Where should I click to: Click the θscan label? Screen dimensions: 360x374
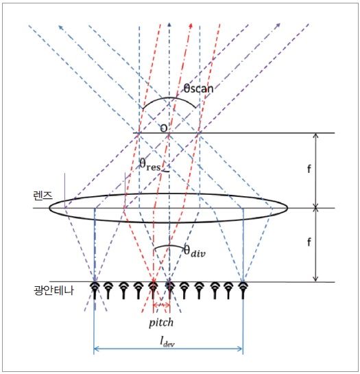(x=198, y=89)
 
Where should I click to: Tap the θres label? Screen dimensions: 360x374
(x=150, y=165)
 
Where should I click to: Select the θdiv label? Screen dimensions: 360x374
(x=195, y=251)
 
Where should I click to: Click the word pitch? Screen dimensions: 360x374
(x=161, y=323)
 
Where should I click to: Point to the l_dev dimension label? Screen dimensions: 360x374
(x=167, y=342)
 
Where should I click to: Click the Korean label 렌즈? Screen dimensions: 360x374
(x=43, y=196)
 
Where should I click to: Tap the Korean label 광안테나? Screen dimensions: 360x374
(x=54, y=290)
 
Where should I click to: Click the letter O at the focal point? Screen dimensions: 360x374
(x=164, y=128)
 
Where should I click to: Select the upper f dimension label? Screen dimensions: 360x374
(x=309, y=169)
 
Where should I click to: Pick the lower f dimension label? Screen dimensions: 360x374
(x=309, y=242)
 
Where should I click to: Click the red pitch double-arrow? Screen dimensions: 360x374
(x=161, y=305)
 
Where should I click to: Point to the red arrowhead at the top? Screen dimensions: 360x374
(x=191, y=25)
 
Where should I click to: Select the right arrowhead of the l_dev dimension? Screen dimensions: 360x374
(x=240, y=349)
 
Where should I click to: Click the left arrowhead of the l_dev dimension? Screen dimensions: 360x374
(x=97, y=349)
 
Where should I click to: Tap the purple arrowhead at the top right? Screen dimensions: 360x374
(x=278, y=25)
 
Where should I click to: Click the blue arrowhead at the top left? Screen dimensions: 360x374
(x=61, y=27)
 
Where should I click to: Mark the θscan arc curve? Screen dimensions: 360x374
(x=169, y=97)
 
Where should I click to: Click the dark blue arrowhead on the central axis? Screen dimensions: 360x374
(x=169, y=24)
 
